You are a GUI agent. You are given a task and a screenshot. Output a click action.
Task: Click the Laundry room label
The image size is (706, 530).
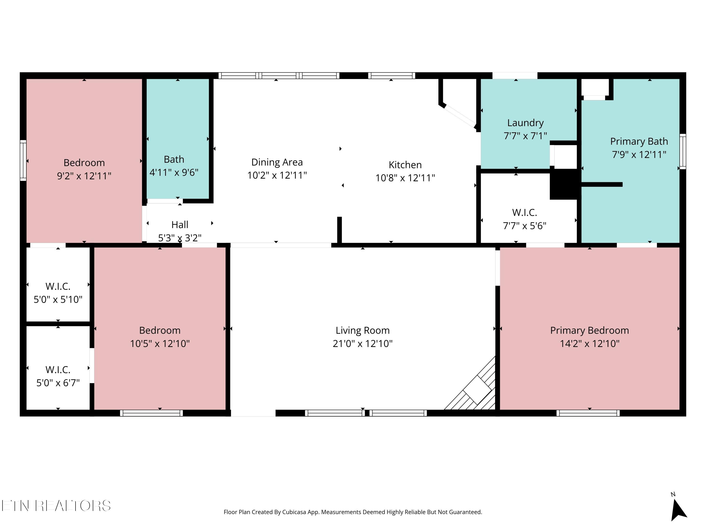tap(525, 123)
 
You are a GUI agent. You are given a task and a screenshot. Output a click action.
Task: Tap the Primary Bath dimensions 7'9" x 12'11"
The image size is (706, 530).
tap(639, 155)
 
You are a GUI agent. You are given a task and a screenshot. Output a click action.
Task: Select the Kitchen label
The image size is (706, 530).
tap(405, 165)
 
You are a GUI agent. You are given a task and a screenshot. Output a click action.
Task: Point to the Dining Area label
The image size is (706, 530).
tap(277, 162)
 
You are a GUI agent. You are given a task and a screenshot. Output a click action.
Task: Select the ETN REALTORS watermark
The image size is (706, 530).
tap(56, 506)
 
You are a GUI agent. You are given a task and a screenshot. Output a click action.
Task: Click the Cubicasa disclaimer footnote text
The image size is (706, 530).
tap(353, 512)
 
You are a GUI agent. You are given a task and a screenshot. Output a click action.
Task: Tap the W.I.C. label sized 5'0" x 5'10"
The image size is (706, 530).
tap(58, 286)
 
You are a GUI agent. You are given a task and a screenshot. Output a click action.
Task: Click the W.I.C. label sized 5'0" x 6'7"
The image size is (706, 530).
tap(58, 370)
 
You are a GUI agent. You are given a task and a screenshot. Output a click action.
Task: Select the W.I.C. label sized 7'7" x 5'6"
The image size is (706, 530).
tap(524, 213)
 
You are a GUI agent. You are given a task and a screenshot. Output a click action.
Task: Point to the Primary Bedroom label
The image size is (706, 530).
tap(589, 330)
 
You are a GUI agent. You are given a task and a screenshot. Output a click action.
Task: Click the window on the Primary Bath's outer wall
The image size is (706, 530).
tap(682, 151)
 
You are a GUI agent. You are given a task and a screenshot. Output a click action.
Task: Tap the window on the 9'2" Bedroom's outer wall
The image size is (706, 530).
tap(23, 160)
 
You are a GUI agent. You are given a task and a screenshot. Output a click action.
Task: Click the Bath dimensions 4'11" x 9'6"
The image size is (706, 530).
tap(174, 172)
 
